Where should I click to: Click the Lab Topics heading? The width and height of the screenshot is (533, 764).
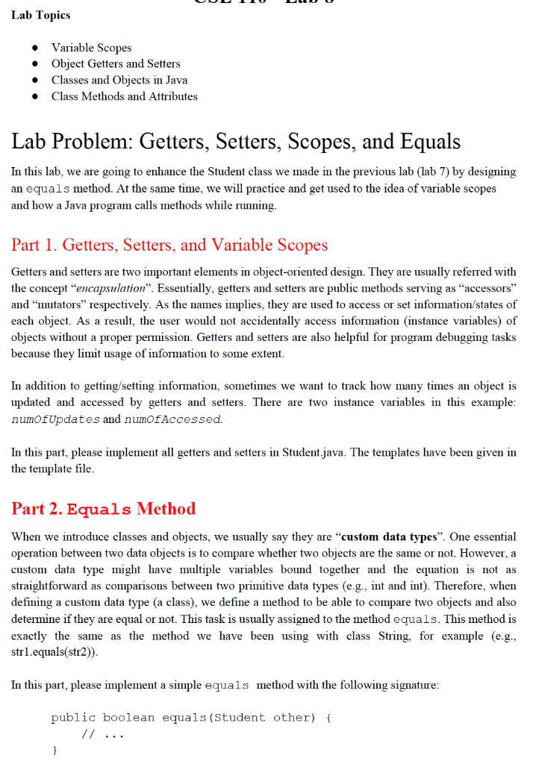click(x=41, y=16)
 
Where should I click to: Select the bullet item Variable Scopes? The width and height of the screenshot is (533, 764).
click(x=91, y=48)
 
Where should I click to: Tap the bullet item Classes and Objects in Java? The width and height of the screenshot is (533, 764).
click(x=119, y=80)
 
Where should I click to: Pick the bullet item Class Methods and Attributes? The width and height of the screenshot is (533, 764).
click(x=124, y=96)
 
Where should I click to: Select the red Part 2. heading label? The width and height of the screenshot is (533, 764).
click(x=37, y=509)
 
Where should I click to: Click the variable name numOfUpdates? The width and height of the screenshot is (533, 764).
click(x=55, y=419)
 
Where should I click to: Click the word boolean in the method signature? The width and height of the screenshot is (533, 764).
click(x=128, y=718)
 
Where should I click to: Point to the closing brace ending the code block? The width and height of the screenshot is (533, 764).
click(x=54, y=751)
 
